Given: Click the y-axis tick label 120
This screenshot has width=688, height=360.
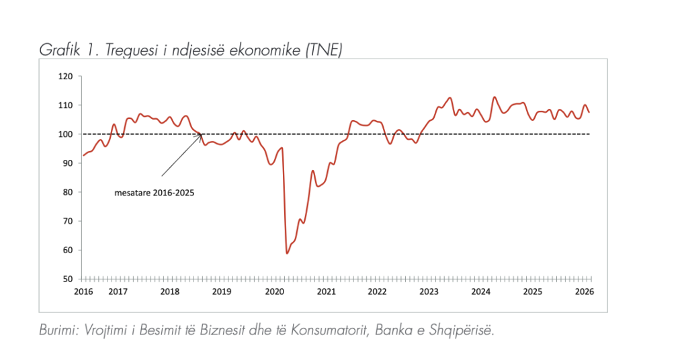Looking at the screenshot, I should pos(64,77).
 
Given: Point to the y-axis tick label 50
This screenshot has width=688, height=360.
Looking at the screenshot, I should pos(67,279).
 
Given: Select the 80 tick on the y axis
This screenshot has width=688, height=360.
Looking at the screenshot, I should pos(67,192).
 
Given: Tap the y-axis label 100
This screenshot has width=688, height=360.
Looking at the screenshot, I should pos(64,134).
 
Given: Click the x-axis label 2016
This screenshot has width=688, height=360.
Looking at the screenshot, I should pos(83,291).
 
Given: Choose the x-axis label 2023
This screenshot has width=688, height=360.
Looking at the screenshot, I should pos(429,291).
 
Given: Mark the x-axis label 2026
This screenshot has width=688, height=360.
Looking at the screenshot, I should pos(584,291).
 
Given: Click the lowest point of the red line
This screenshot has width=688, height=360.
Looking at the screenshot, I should pos(287,253).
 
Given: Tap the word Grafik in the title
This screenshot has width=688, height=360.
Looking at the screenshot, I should pos(58,50).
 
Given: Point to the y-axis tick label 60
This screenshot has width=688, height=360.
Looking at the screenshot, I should pos(67,250).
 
